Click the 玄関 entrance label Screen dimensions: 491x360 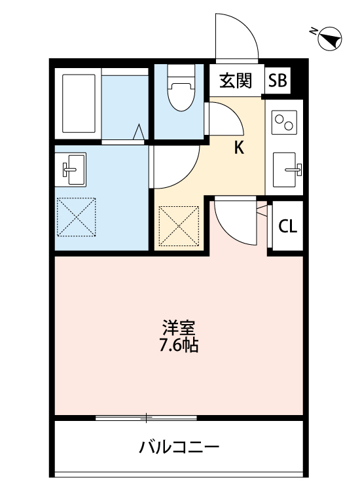pos(236,81)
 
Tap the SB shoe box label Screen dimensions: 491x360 pos(277,81)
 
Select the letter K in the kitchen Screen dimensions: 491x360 pos(240,148)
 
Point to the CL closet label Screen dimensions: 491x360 pos(287,227)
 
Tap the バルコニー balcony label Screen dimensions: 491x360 pos(179,448)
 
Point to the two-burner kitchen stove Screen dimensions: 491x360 pos(285,122)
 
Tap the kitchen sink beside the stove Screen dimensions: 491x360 pos(286,170)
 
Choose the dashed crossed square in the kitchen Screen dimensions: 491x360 pos(179,226)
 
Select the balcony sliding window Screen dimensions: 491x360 pos(146,418)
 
